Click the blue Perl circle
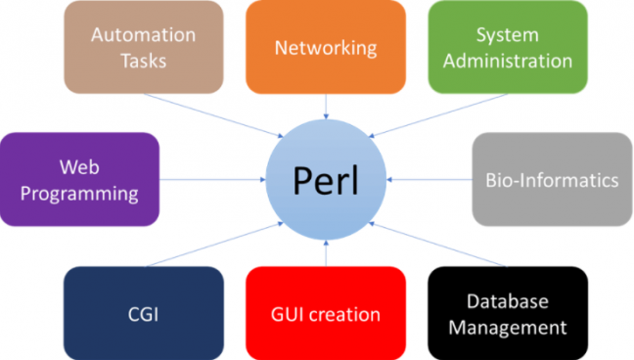click(326, 180)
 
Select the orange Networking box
click(326, 47)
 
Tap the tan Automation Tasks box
click(143, 47)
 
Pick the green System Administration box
click(508, 47)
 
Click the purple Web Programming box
click(79, 180)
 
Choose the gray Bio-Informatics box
click(552, 180)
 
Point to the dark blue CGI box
click(143, 314)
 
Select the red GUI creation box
click(326, 314)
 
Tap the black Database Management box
click(508, 314)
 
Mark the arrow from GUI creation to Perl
click(326, 251)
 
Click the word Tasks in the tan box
click(143, 61)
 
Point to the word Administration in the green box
click(508, 61)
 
